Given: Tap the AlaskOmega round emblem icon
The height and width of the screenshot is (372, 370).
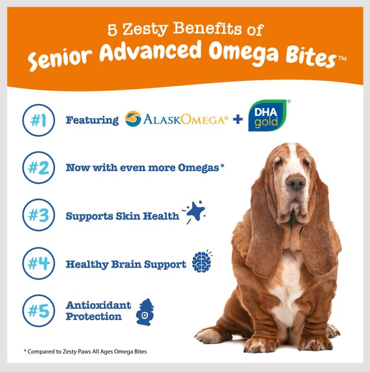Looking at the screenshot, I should click(x=133, y=120).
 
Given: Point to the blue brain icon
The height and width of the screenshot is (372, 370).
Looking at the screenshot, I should click(x=201, y=263).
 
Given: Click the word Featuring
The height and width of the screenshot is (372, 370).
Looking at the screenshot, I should click(x=92, y=120).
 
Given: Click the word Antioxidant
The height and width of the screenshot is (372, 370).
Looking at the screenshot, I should click(x=98, y=305).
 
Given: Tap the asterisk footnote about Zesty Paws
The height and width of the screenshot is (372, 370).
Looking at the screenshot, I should click(x=85, y=351).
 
